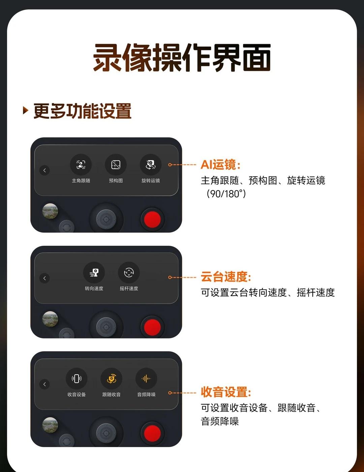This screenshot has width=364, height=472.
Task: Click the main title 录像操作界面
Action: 182,57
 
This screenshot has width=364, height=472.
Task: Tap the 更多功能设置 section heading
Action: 82,111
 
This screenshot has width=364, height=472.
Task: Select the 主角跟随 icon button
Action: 81,165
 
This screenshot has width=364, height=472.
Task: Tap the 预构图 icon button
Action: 116,165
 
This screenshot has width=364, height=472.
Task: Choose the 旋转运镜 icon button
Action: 151,165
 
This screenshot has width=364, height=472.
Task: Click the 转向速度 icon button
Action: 94,272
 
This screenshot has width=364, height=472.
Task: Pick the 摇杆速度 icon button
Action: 129,272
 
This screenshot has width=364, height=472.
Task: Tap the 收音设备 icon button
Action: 77,379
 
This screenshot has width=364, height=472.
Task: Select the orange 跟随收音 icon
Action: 111,379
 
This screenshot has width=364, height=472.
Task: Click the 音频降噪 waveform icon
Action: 146,379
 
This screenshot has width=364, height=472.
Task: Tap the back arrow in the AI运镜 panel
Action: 44,170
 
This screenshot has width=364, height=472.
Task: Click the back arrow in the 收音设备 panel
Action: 44,384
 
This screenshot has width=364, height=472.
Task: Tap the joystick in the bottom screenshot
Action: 106,433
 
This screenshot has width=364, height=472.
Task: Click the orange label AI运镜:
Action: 220,165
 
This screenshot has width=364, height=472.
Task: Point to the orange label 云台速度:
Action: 226,277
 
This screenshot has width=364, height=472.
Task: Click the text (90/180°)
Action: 226,194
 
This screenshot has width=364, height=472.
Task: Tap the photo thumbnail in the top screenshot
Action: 50,211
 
